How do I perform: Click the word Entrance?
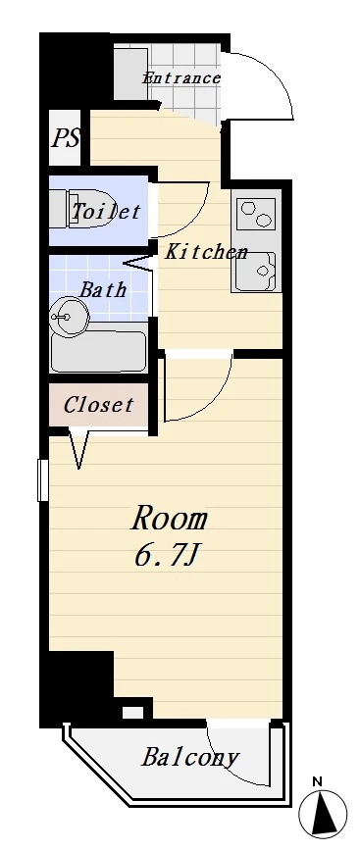(180, 78)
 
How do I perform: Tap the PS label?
(66, 138)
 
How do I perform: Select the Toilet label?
(106, 211)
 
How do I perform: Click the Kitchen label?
(206, 251)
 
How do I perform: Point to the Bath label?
(103, 289)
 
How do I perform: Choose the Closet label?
(98, 404)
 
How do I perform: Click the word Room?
(170, 520)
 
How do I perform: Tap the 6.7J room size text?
(165, 556)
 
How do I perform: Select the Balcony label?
(189, 757)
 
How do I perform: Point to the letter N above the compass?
(318, 782)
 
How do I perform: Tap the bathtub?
(98, 351)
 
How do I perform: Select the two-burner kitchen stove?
(257, 214)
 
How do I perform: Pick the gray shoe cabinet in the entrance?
(130, 74)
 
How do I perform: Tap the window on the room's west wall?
(43, 479)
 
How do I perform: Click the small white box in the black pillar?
(132, 712)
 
